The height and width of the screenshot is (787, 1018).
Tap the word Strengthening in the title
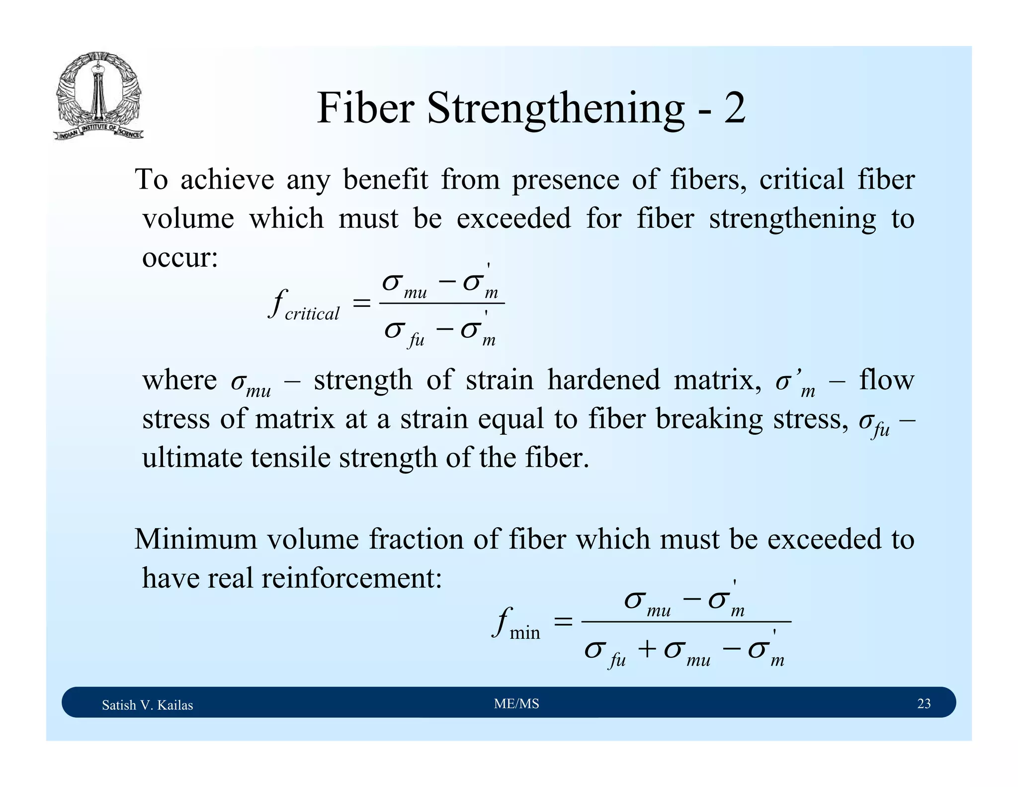555,109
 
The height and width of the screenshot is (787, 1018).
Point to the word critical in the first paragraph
801,180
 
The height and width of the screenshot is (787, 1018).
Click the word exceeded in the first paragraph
513,218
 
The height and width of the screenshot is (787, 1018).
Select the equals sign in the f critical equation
361,303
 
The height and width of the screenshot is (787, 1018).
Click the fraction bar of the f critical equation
442,303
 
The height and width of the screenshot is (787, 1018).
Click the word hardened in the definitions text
603,380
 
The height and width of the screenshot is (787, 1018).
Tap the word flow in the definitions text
887,380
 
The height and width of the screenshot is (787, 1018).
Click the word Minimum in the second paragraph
196,539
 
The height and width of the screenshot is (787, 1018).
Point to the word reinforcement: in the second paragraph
351,578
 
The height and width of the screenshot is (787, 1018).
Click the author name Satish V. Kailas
147,705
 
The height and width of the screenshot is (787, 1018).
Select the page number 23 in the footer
924,703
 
